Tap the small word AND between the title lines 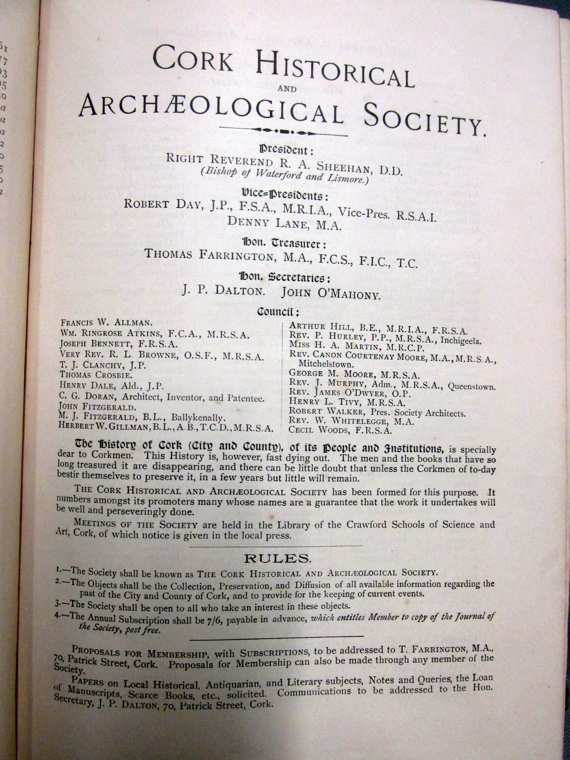click(286, 89)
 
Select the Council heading click(278, 312)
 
